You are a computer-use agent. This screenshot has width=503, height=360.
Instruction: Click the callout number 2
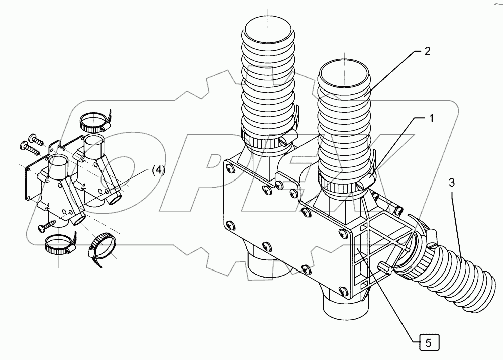pos(427,51)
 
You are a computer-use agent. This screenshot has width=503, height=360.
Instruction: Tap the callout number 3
pos(452,182)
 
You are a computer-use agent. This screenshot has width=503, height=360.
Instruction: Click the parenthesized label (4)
pos(157,170)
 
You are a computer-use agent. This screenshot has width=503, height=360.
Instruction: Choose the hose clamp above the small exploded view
pos(94,121)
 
